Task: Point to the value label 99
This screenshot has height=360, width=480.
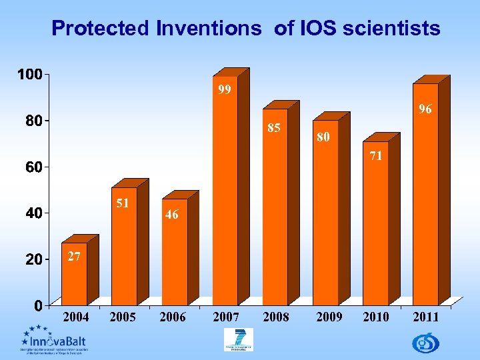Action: [225, 89]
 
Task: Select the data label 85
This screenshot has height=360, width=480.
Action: [274, 127]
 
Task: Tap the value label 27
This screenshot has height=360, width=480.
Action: [74, 257]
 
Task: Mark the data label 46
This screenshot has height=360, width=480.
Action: [172, 215]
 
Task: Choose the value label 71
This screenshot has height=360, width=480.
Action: [375, 156]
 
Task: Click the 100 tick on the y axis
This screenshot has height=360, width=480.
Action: [29, 74]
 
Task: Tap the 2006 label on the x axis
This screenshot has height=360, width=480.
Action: [173, 317]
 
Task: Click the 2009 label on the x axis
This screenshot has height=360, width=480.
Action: [329, 317]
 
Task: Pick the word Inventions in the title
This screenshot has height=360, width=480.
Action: [209, 29]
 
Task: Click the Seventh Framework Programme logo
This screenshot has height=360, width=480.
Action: [238, 339]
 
